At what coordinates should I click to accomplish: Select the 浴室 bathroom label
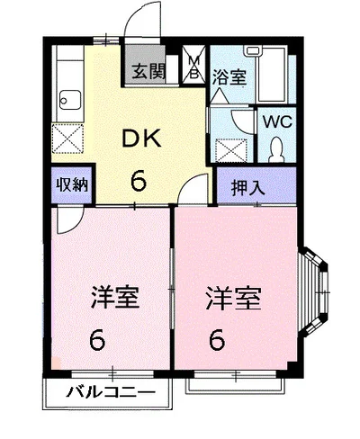(228, 77)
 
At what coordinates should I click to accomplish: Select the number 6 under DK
(138, 180)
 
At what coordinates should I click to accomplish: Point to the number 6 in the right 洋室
(217, 341)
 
